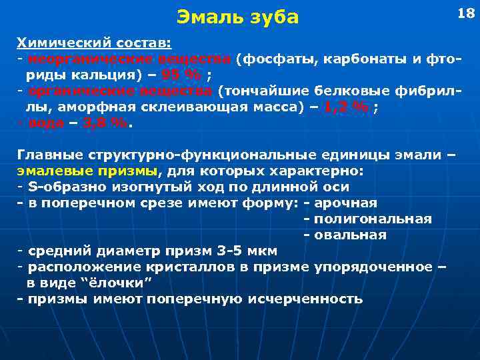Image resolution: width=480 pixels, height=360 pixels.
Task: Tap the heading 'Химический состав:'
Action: pyautogui.click(x=94, y=43)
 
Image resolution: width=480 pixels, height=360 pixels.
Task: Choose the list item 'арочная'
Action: pyautogui.click(x=345, y=203)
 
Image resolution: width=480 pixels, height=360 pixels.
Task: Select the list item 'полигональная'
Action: pyautogui.click(x=373, y=219)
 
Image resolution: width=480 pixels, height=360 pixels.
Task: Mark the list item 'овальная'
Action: pyautogui.click(x=350, y=235)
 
